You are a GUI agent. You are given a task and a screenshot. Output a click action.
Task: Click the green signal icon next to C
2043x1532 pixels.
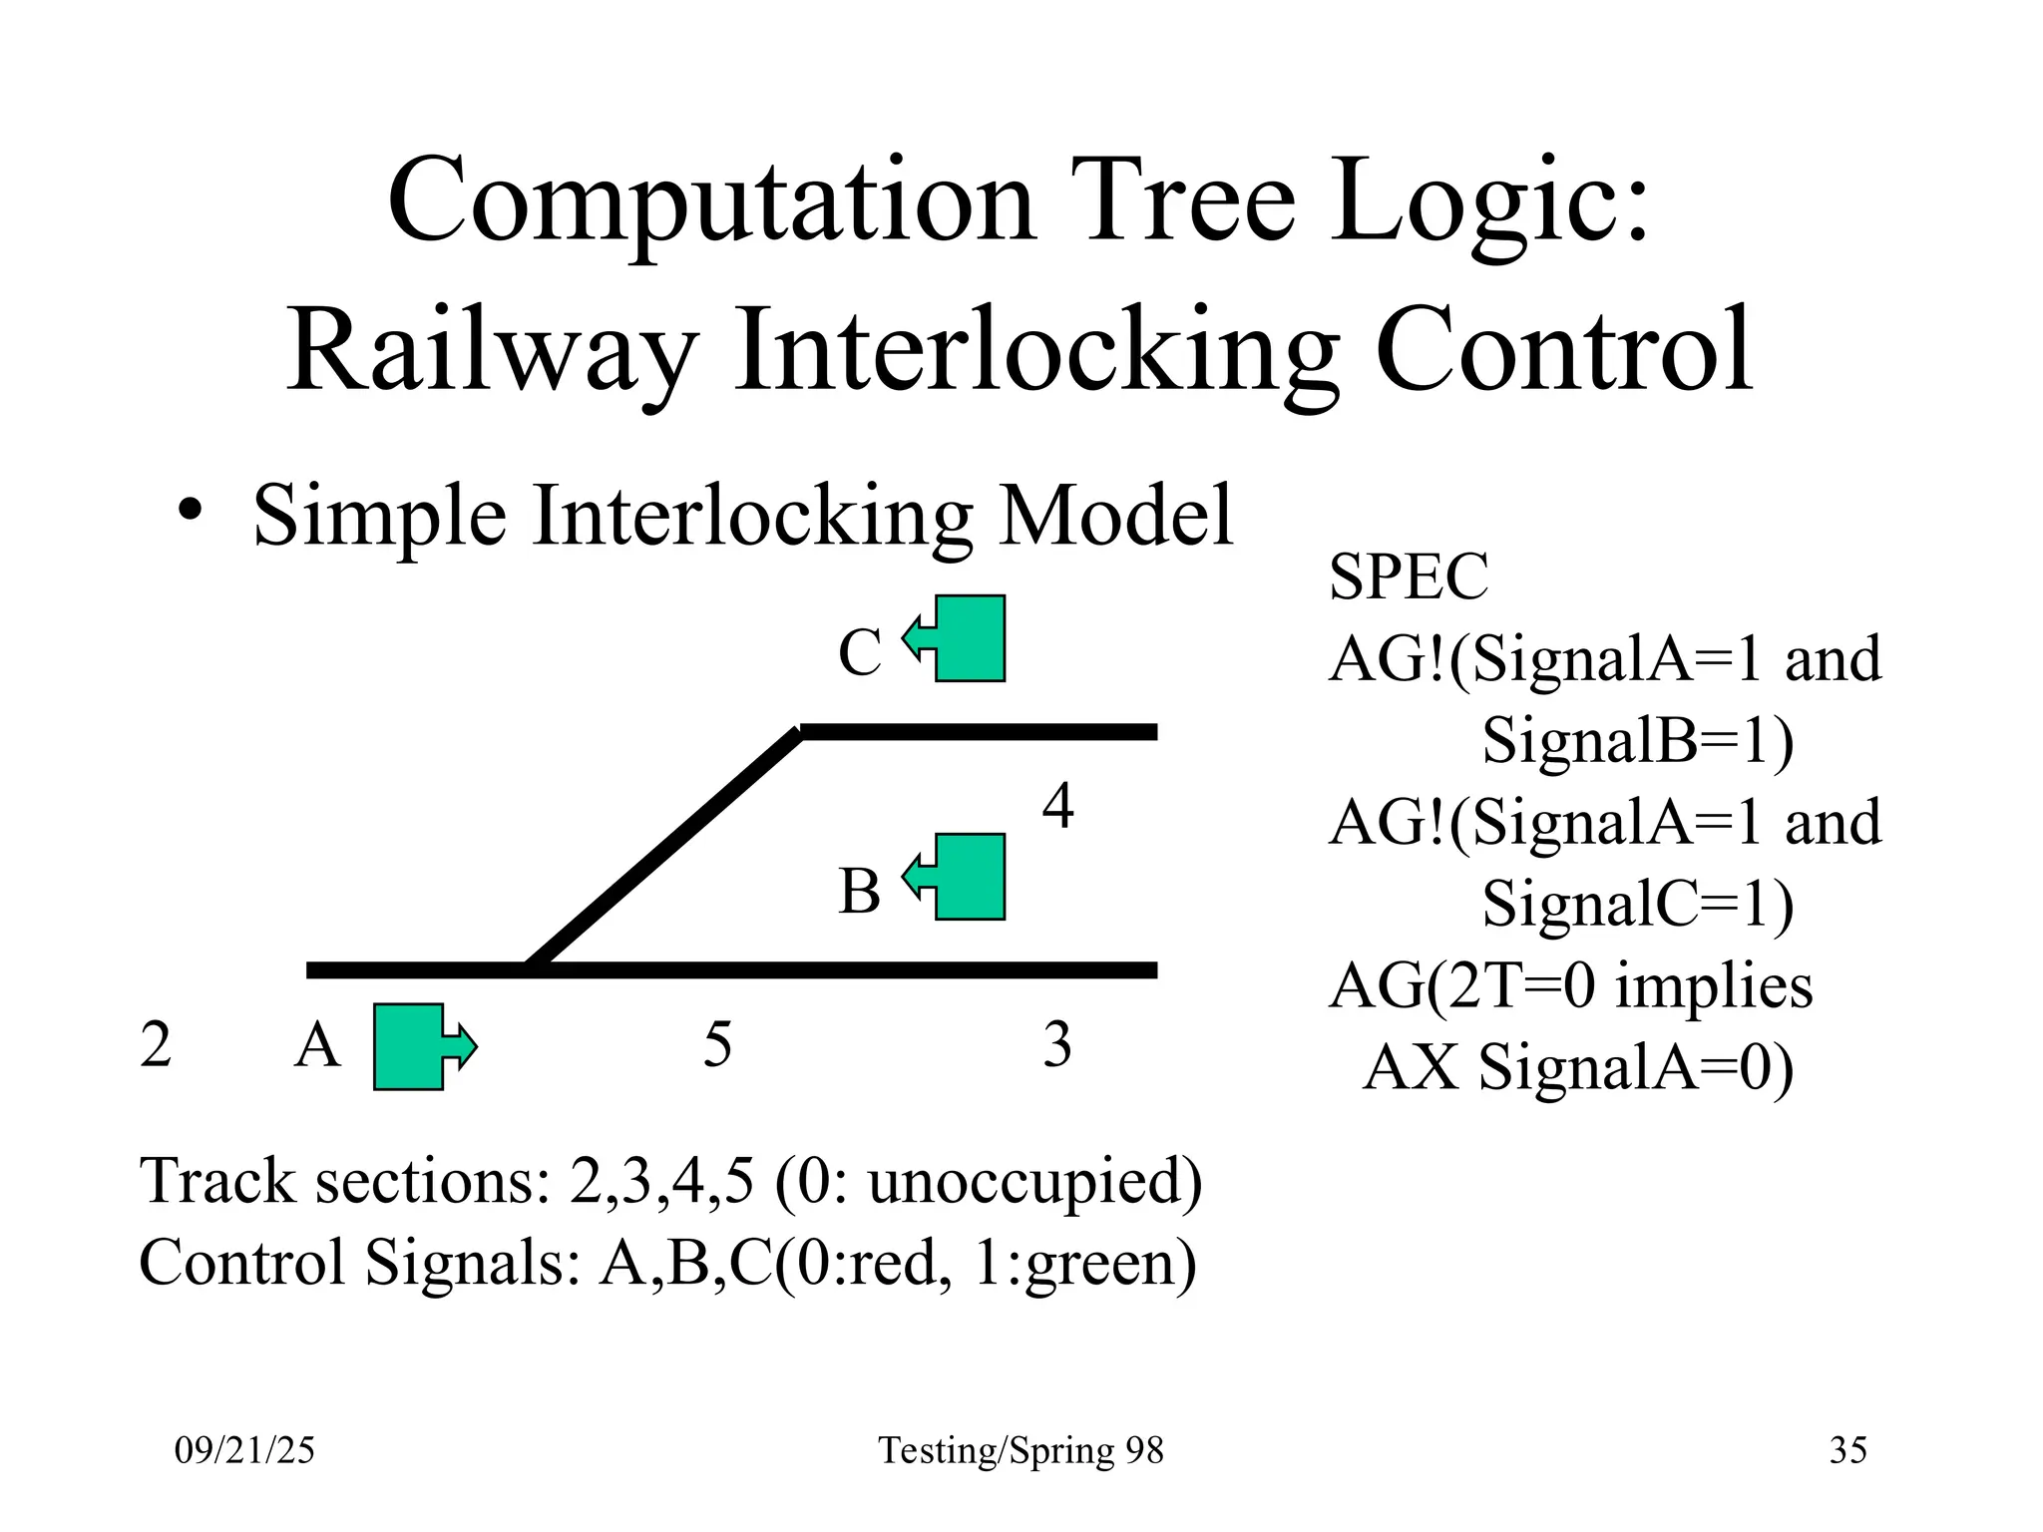point(963,638)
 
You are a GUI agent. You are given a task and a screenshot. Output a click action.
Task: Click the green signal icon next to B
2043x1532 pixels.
point(963,876)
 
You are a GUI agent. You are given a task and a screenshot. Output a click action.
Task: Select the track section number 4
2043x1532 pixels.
point(1057,806)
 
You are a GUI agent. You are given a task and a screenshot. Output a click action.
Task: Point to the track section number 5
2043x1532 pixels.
point(717,1045)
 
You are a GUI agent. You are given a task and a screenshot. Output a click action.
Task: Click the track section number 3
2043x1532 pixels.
point(1057,1045)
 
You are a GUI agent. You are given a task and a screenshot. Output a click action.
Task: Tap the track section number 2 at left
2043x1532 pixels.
point(156,1045)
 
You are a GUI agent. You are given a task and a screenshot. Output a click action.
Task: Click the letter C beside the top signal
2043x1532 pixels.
point(859,653)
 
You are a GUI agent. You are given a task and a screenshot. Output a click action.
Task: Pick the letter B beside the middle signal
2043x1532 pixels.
point(859,891)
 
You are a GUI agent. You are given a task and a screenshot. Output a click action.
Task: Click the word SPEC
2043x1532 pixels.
point(1408,576)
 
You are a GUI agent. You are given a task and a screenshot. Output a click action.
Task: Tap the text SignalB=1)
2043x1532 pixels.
point(1637,740)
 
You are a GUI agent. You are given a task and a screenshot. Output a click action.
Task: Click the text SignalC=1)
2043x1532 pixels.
point(1637,904)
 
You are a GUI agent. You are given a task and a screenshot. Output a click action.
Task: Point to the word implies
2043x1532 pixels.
point(1713,987)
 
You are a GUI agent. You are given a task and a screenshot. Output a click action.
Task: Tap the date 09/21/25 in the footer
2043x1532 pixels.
point(244,1450)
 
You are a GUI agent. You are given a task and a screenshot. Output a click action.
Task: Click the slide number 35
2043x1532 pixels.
point(1847,1450)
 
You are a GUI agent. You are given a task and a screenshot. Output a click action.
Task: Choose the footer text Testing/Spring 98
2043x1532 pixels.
point(1021,1450)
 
